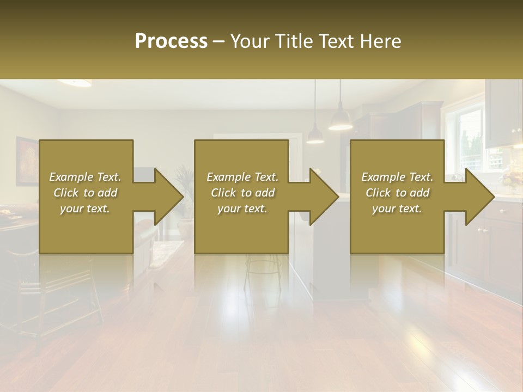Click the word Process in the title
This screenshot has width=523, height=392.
click(x=171, y=41)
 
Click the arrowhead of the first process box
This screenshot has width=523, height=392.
click(x=169, y=197)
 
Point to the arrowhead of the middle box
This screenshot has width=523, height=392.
click(x=325, y=197)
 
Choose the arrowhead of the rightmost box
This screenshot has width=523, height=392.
click(x=480, y=197)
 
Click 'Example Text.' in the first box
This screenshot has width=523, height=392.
click(x=85, y=177)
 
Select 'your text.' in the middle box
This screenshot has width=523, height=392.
click(x=242, y=209)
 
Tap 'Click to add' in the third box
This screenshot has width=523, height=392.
click(x=397, y=193)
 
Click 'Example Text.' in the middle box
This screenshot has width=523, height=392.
click(x=242, y=177)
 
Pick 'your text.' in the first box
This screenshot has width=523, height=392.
click(x=85, y=209)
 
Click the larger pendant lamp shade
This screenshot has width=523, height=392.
click(x=340, y=122)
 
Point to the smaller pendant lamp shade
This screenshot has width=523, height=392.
click(x=315, y=137)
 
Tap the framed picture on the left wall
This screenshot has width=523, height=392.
click(x=26, y=161)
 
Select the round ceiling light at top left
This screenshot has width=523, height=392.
click(x=75, y=83)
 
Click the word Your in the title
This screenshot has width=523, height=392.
click(x=252, y=41)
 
